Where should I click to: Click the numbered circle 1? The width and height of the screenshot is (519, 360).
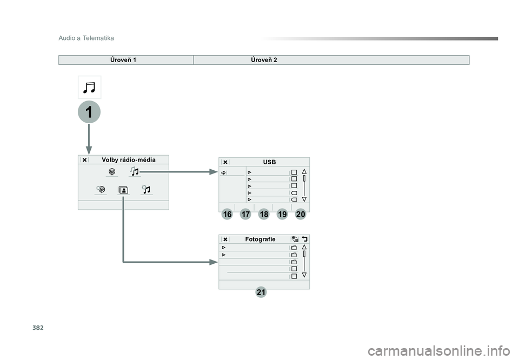click(x=89, y=112)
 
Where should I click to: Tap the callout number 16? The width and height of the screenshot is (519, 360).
click(x=227, y=215)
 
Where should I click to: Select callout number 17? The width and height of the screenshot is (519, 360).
click(x=245, y=215)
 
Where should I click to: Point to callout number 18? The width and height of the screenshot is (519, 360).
click(x=264, y=215)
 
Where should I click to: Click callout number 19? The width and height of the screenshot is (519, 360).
click(x=282, y=215)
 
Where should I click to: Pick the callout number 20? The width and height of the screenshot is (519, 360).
click(x=301, y=215)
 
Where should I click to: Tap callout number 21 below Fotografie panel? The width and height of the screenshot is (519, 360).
click(x=261, y=292)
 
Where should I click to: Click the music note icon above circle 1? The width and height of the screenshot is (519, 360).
click(x=89, y=88)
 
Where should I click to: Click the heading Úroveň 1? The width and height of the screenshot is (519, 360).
click(x=123, y=60)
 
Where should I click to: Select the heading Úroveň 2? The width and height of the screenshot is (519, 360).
click(x=264, y=60)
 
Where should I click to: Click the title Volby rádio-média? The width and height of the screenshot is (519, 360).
click(x=129, y=160)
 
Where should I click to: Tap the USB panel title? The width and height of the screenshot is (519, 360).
click(x=269, y=162)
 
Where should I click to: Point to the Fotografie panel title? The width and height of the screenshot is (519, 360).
click(x=260, y=239)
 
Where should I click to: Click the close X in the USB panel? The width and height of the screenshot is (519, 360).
click(x=225, y=162)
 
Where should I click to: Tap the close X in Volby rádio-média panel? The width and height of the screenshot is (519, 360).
click(x=84, y=160)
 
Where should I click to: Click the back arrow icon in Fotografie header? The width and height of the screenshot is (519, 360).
click(x=304, y=239)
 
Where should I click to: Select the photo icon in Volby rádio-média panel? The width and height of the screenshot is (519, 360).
click(x=123, y=190)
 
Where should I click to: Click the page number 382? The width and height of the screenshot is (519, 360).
click(x=38, y=328)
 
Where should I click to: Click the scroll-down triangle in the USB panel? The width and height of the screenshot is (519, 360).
click(x=304, y=199)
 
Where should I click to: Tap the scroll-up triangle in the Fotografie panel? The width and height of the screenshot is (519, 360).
click(x=304, y=247)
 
